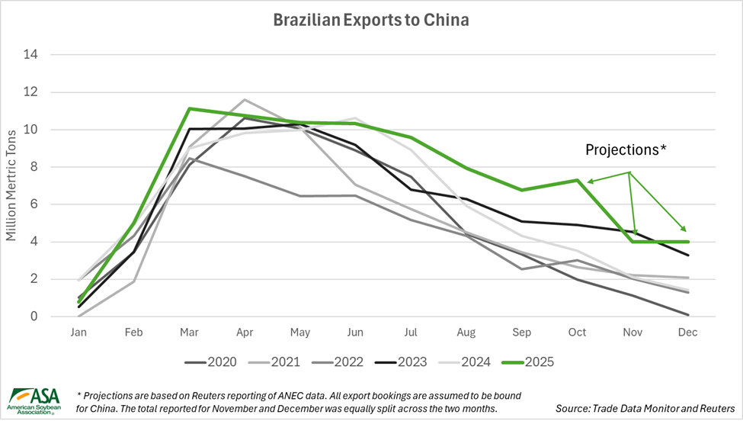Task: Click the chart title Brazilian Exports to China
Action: pos(371,20)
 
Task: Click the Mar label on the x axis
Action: pos(188,333)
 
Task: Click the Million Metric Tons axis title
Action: pos(11,185)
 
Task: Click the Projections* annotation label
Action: pos(626,149)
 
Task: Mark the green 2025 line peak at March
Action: pos(188,108)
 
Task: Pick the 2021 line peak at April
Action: pos(244,100)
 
